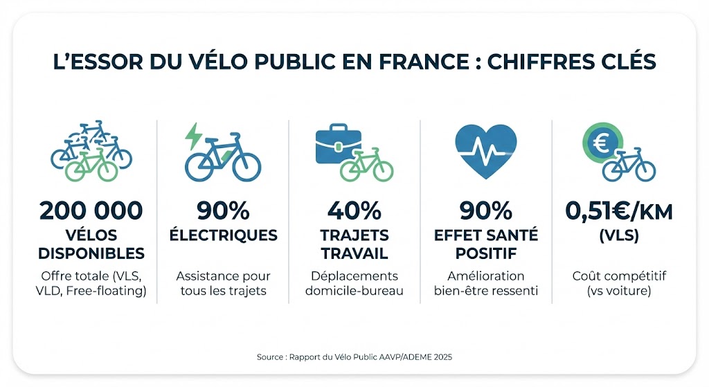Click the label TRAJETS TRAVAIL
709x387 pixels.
tap(354, 244)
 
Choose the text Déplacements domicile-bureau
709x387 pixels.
tap(354, 283)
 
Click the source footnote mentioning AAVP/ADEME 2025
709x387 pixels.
tap(354, 357)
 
